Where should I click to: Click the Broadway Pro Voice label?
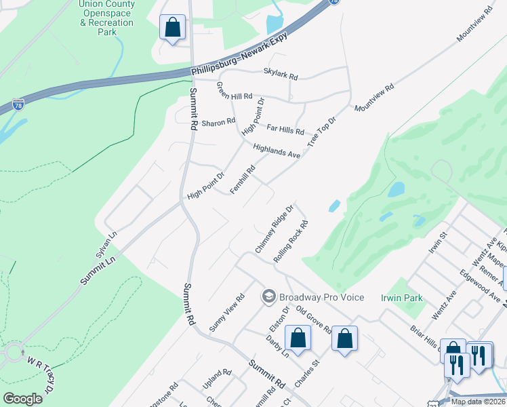point(322,297)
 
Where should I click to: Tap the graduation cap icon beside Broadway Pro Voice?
point(269,297)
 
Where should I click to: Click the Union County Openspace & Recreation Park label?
point(106,18)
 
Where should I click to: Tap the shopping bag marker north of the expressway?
point(173,28)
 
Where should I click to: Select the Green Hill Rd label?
point(235,96)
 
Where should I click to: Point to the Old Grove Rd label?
point(317,319)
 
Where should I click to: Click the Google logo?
point(22,399)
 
